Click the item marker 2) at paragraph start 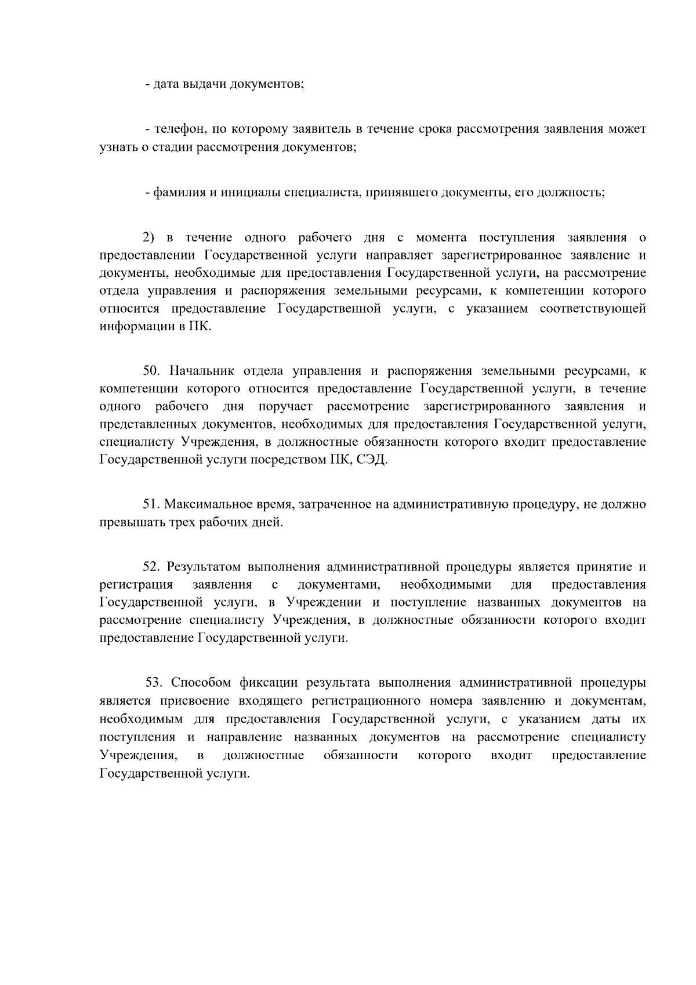point(150,237)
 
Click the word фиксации point(273,682)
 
